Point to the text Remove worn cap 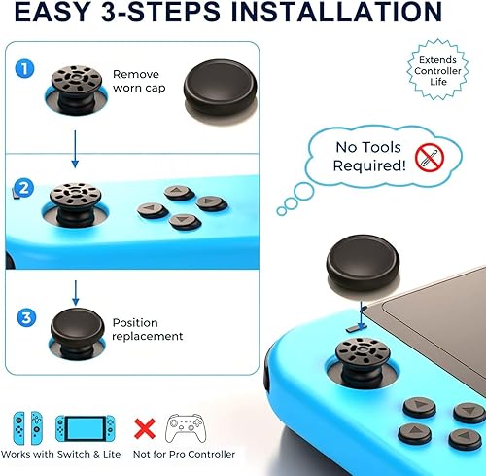(x=136, y=82)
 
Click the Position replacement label (x=147, y=329)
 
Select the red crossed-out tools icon (x=430, y=157)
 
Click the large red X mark (x=145, y=426)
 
